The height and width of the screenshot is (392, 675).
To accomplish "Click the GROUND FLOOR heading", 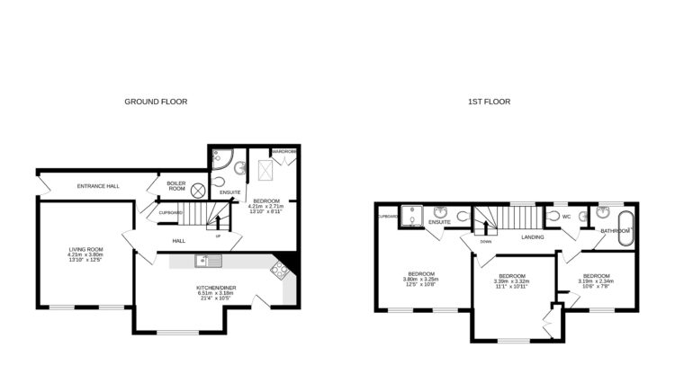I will [156, 102].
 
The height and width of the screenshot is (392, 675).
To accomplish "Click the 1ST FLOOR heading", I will [489, 102].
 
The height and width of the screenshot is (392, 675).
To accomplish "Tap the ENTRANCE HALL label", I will [98, 186].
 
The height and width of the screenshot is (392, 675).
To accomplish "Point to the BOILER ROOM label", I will [176, 186].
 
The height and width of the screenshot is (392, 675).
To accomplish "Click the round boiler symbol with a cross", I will [198, 192].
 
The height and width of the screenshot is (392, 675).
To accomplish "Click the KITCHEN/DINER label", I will [215, 288].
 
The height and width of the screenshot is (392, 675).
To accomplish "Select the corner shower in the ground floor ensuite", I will [220, 163].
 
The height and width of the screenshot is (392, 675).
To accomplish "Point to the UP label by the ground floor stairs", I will [218, 236].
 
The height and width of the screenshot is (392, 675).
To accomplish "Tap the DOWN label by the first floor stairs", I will [486, 241].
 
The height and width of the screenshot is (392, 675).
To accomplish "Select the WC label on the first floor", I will [566, 217].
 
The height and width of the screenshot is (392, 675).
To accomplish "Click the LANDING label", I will [530, 236].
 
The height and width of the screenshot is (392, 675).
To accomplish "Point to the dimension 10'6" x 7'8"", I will [595, 287].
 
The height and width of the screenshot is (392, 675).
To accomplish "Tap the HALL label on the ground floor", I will [180, 241].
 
